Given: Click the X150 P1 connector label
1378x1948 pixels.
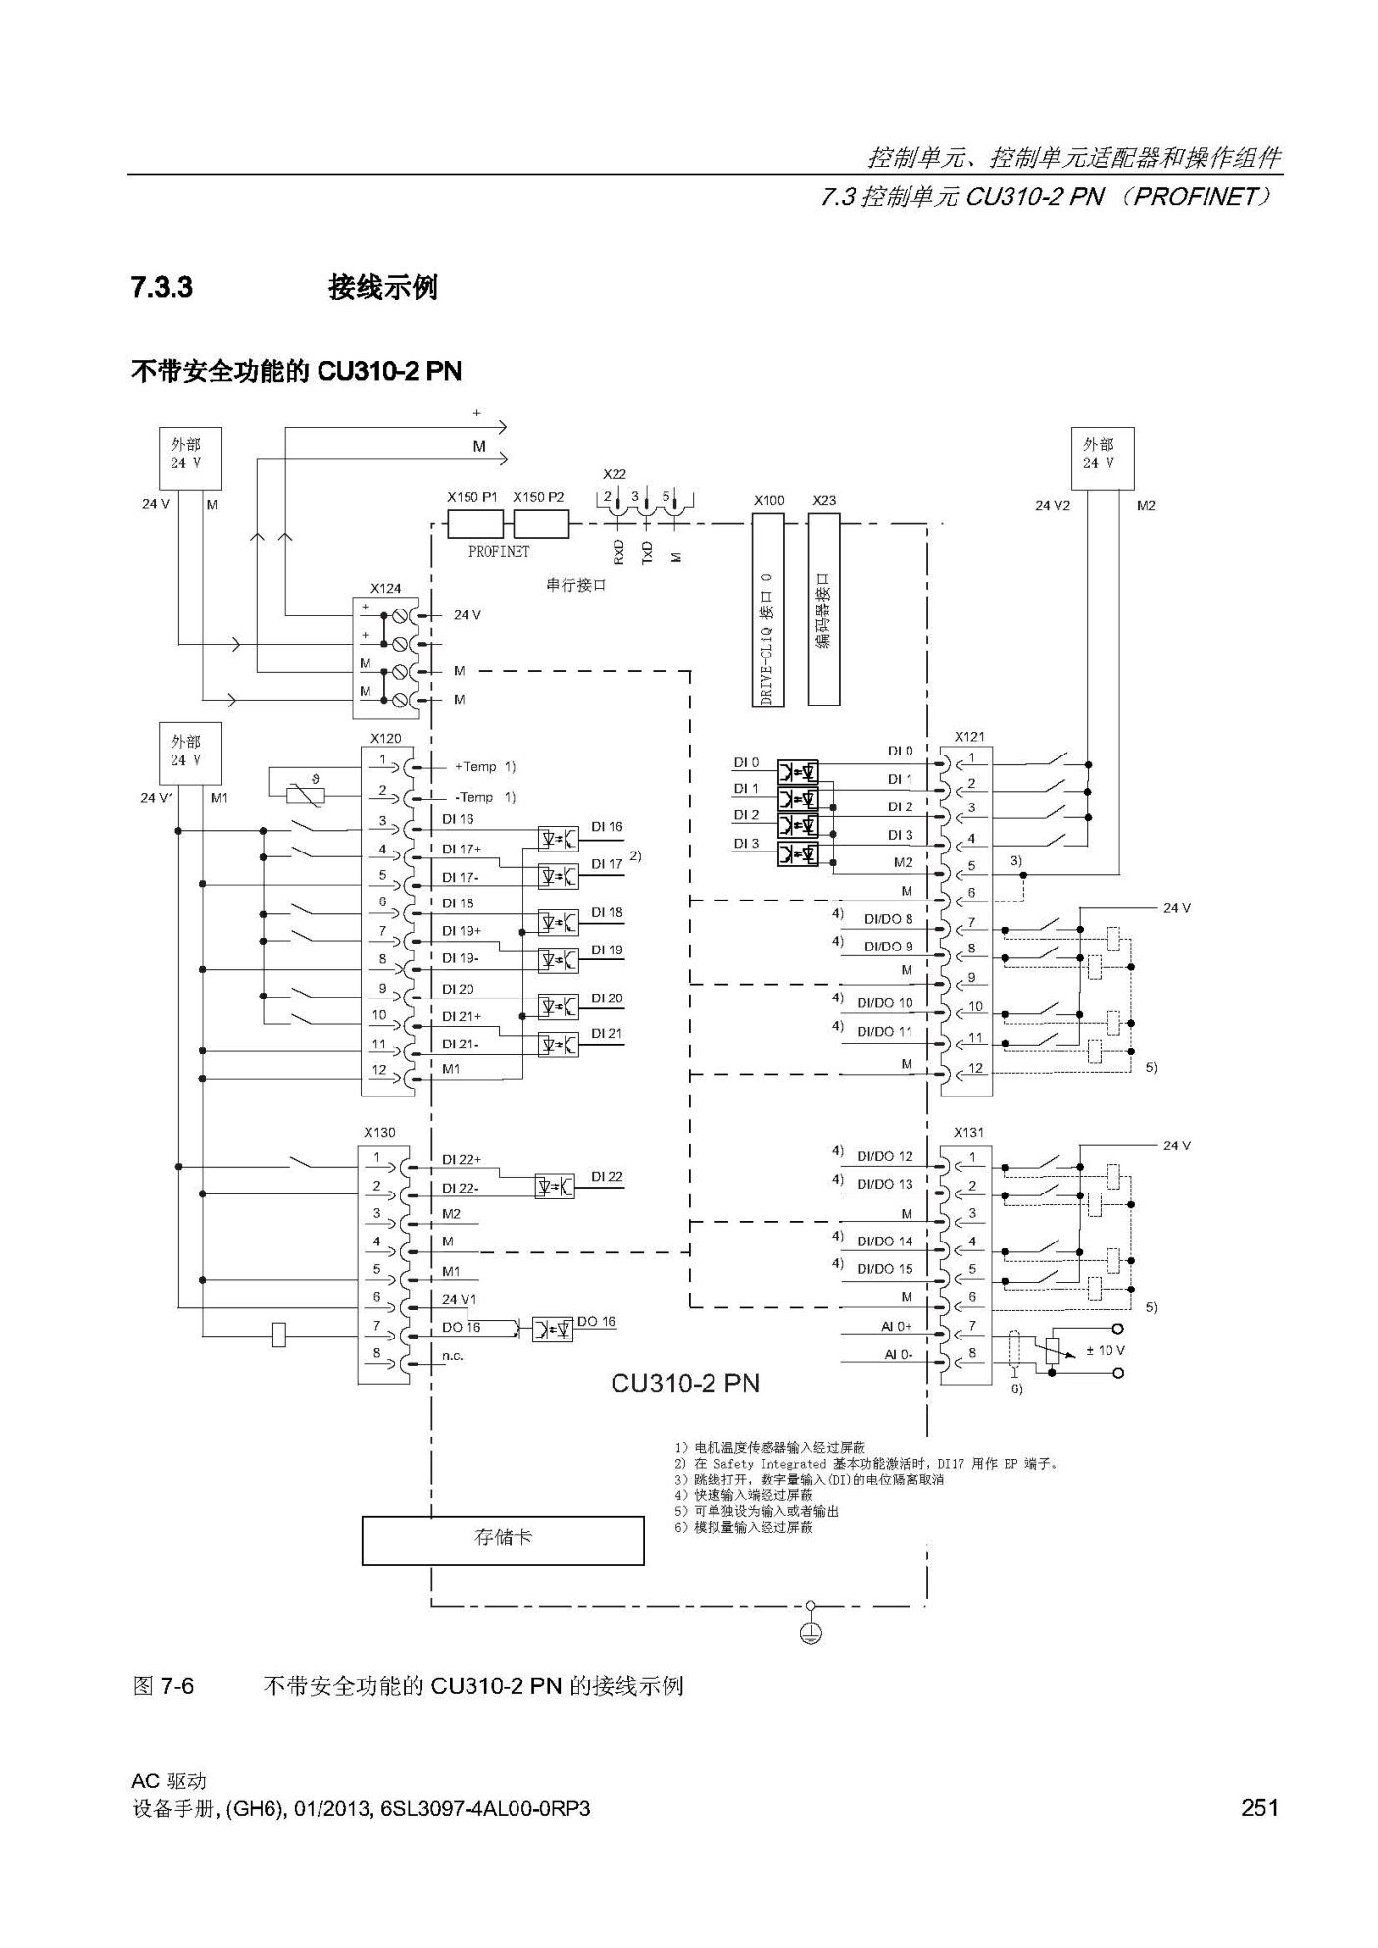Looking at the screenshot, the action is pos(471,497).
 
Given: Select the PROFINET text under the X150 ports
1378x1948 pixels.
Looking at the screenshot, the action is pos(499,552).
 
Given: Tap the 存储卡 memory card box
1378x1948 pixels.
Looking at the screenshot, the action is pos(503,1540).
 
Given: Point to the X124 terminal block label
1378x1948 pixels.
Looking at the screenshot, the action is pos(385,589).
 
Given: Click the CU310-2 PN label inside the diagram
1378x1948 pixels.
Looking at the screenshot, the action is pos(685,1384).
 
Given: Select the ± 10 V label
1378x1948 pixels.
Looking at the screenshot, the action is pos(1106,1350).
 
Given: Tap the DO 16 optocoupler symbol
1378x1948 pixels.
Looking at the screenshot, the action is pos(553,1330).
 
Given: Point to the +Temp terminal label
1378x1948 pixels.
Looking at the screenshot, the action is pos(476,767).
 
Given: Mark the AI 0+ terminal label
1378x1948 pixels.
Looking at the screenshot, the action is pos(896,1326).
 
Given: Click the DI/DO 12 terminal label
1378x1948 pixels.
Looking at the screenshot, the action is pos(885,1156).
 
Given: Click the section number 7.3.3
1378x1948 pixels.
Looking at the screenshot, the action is pos(162,288).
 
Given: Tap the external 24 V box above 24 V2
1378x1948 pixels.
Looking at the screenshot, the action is pos(1103,459).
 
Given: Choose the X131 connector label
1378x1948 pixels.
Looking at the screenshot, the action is pos(968,1132).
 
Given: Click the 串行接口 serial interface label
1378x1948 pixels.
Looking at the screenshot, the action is pos(576,585).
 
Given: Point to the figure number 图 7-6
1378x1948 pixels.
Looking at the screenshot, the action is pos(164,1686).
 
